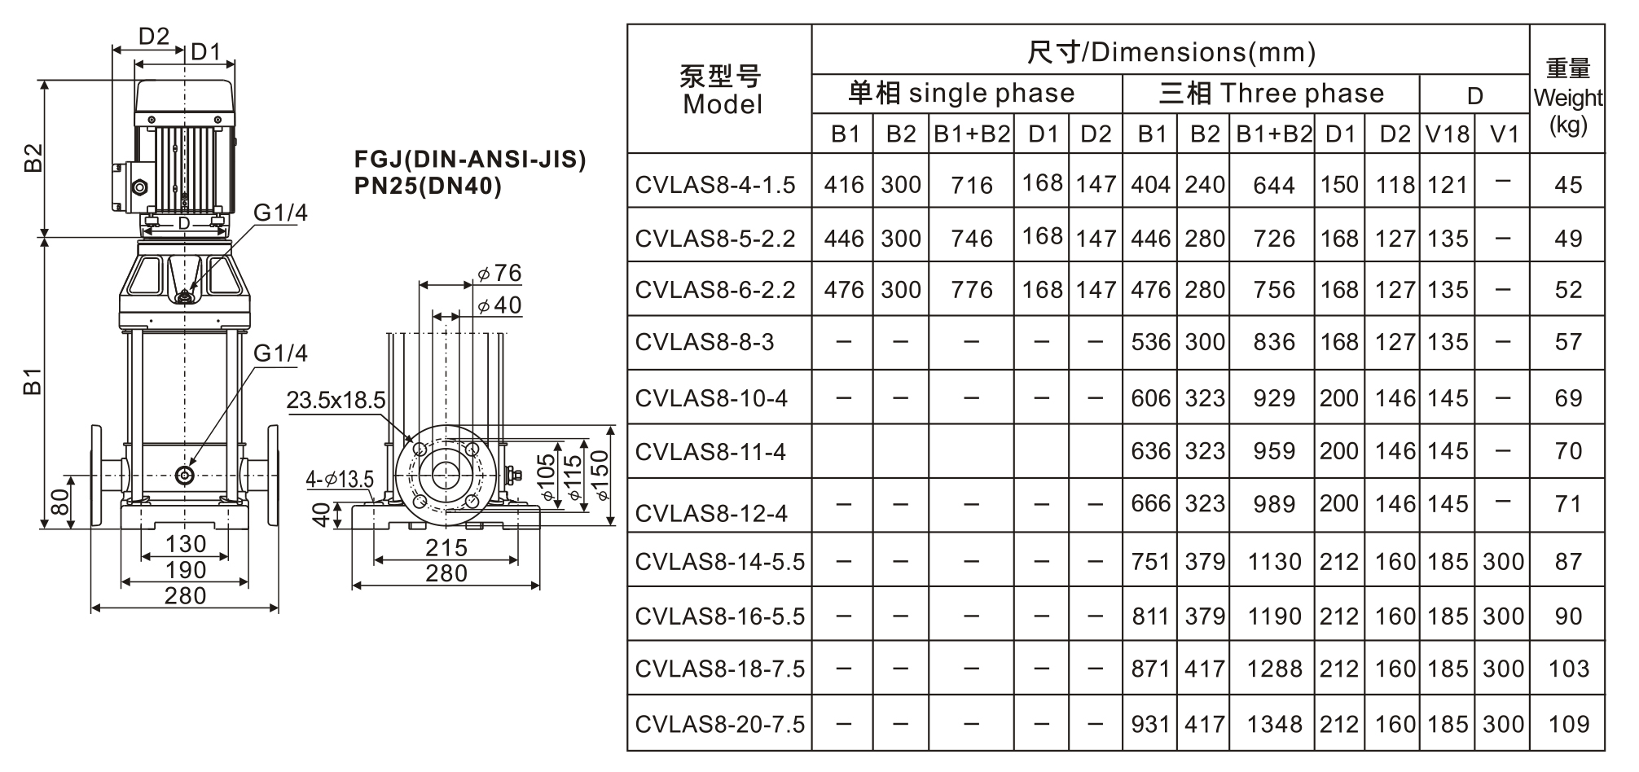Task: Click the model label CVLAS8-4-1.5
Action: click(714, 185)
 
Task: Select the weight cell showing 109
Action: click(1568, 723)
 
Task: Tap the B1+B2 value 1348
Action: click(1274, 723)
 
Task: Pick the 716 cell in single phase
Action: click(971, 185)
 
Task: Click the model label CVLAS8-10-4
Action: click(711, 398)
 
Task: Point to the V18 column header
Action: click(1447, 134)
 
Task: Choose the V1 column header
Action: click(1503, 134)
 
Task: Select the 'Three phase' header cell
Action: click(1271, 93)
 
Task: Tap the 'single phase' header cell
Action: click(961, 93)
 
